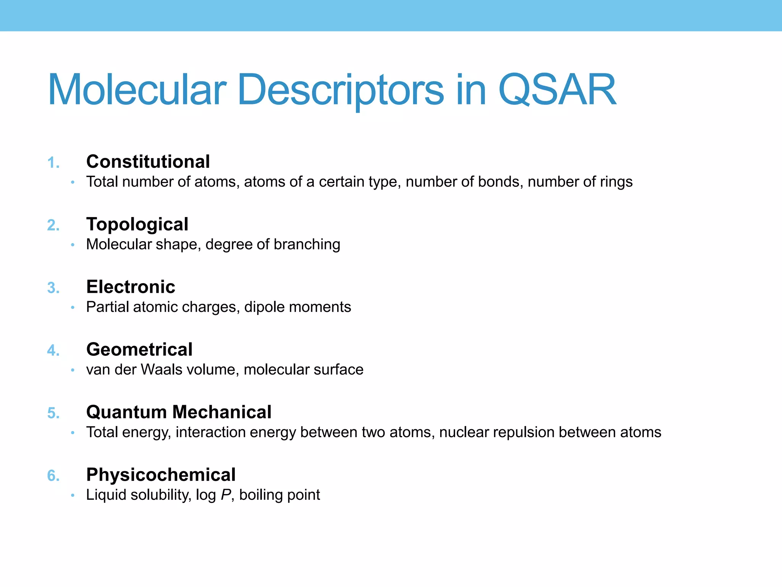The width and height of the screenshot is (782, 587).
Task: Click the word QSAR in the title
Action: [557, 90]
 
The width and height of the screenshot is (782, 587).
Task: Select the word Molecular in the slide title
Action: [137, 90]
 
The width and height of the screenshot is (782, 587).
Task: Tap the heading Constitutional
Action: [148, 162]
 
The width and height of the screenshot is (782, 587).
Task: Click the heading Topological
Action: [137, 224]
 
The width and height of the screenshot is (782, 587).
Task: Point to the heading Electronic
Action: [131, 287]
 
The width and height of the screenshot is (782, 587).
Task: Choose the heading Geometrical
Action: [139, 350]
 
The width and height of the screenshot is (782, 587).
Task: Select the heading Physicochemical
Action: [161, 475]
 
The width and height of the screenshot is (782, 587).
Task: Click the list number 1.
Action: [53, 163]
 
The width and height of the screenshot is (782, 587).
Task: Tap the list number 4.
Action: [53, 351]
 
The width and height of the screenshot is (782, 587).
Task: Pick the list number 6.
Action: [53, 476]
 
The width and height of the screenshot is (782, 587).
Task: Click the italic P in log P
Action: [226, 495]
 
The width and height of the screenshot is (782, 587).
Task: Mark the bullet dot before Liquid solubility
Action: [73, 495]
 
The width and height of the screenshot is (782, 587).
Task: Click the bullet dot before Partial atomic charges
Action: [73, 307]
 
